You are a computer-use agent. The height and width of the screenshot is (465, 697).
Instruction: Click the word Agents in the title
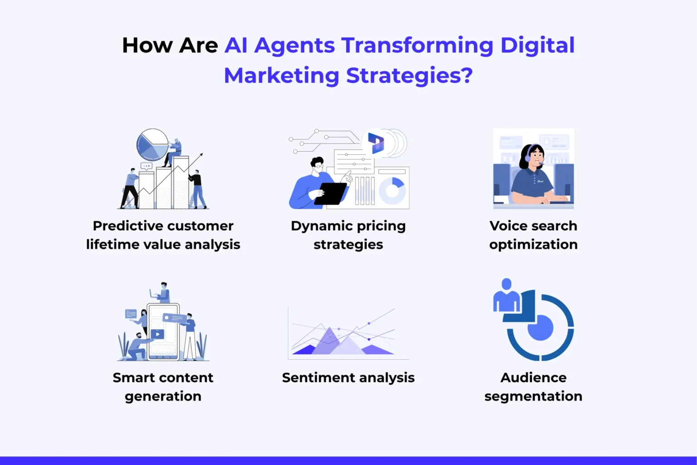[x=294, y=46]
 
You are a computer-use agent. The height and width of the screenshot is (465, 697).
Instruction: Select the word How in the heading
[x=147, y=45]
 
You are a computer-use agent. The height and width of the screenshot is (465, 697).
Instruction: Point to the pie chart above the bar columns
[x=152, y=144]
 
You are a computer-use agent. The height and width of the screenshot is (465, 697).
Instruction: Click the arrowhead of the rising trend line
[x=200, y=155]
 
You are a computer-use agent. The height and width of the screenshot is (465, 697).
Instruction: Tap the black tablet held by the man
[x=331, y=193]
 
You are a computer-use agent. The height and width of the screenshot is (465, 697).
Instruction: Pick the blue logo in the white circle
[x=376, y=143]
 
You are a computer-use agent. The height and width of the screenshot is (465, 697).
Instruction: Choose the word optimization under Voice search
[x=533, y=244]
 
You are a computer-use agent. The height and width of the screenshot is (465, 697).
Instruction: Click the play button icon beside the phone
[x=157, y=334]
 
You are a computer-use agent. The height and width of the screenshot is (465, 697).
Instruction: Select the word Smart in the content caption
[x=134, y=377]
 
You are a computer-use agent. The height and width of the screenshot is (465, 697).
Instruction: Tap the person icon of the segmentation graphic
[x=507, y=296]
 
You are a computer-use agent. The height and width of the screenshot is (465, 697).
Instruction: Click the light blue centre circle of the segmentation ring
[x=540, y=327]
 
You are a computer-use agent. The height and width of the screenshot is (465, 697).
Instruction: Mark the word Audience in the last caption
[x=533, y=377]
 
